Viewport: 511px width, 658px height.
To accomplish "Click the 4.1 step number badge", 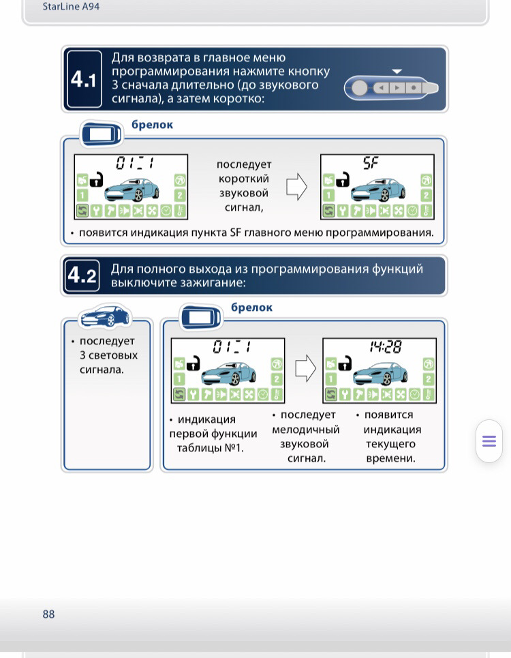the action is tap(84, 80).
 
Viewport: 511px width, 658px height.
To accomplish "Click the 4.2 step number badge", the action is tap(82, 275).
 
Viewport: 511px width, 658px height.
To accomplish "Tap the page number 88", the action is tap(48, 614).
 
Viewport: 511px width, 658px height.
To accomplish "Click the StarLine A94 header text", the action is tap(72, 7).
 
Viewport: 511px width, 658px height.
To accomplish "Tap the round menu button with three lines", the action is tap(489, 440).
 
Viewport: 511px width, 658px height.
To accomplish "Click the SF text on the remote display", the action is tap(371, 163).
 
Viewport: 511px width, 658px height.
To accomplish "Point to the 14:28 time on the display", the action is tap(386, 346).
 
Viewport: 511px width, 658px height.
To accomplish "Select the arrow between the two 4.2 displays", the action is tap(305, 369).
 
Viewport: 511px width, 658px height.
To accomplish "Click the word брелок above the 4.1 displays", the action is tap(152, 125).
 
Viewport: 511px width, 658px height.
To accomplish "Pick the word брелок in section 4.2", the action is tap(251, 308).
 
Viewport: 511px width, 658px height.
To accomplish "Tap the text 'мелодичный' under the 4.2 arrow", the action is tap(305, 430).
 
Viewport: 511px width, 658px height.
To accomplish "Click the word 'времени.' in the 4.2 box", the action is tap(390, 458).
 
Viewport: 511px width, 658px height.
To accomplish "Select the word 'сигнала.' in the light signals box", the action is tap(102, 370).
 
